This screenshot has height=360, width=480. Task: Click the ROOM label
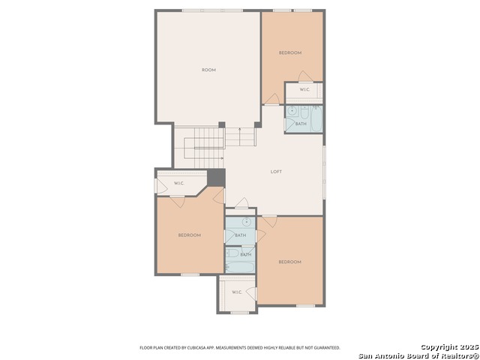pyautogui.click(x=208, y=70)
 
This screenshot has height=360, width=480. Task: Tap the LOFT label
pyautogui.click(x=276, y=172)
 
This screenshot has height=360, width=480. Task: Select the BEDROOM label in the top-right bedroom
pyautogui.click(x=290, y=53)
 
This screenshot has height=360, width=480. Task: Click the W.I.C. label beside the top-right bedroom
pyautogui.click(x=305, y=90)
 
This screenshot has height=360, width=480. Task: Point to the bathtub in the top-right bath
pyautogui.click(x=316, y=118)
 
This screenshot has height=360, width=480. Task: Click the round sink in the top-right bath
pyautogui.click(x=293, y=112)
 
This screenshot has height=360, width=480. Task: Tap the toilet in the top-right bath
pyautogui.click(x=304, y=113)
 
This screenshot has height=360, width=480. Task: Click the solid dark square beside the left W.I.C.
pyautogui.click(x=216, y=178)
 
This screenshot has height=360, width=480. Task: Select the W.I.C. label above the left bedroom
pyautogui.click(x=179, y=183)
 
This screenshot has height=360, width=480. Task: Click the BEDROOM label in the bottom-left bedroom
pyautogui.click(x=190, y=235)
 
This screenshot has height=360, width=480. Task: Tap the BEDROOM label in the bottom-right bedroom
pyautogui.click(x=290, y=262)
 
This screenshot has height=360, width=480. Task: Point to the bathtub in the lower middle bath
pyautogui.click(x=240, y=267)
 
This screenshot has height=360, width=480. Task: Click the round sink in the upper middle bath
pyautogui.click(x=247, y=222)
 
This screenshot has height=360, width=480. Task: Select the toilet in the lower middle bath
pyautogui.click(x=233, y=253)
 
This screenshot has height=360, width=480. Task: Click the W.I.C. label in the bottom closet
pyautogui.click(x=237, y=292)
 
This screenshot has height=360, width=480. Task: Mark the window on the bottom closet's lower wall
pyautogui.click(x=240, y=313)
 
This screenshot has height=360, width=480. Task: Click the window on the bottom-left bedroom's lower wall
pyautogui.click(x=190, y=274)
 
